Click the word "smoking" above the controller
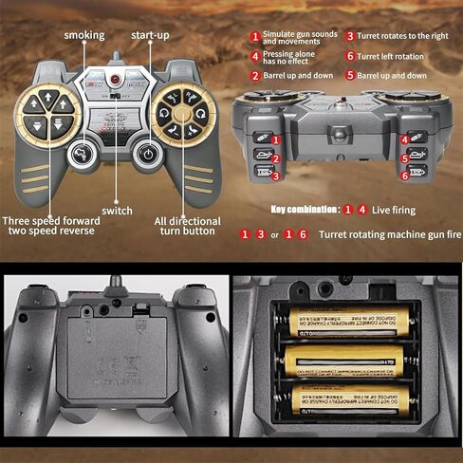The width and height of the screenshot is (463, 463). pos(84,35)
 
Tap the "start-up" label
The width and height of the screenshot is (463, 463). pos(150,35)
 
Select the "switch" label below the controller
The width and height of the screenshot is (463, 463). pos(118,211)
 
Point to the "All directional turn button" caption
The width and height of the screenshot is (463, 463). pos(187,228)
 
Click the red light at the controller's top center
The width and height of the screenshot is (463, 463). pos(117,81)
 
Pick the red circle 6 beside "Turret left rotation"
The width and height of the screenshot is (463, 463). pos(349,56)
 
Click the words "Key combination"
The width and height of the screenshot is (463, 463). pos(305,209)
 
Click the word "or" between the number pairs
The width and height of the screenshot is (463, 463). pos(274,234)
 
